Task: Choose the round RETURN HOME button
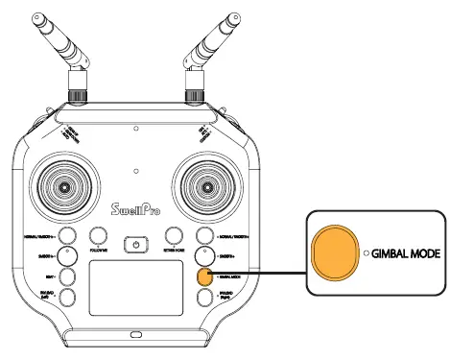coord(174,236)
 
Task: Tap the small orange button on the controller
coord(203,276)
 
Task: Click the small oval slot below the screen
coord(137,335)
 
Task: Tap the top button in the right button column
coord(203,236)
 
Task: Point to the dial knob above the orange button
coord(203,256)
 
